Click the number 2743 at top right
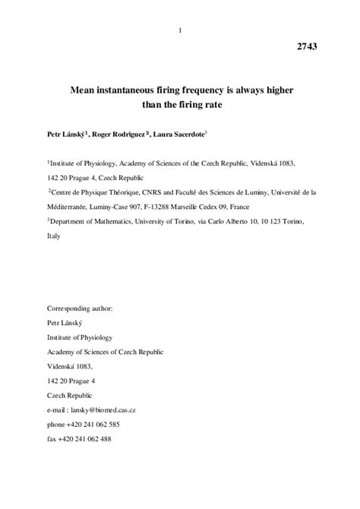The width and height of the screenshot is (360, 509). [308, 46]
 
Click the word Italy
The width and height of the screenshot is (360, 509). [55, 236]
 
